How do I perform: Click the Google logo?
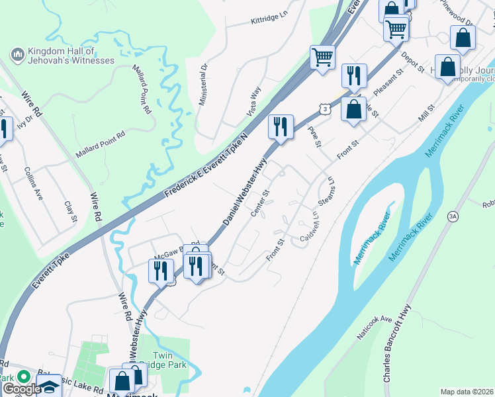coord(21,390)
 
